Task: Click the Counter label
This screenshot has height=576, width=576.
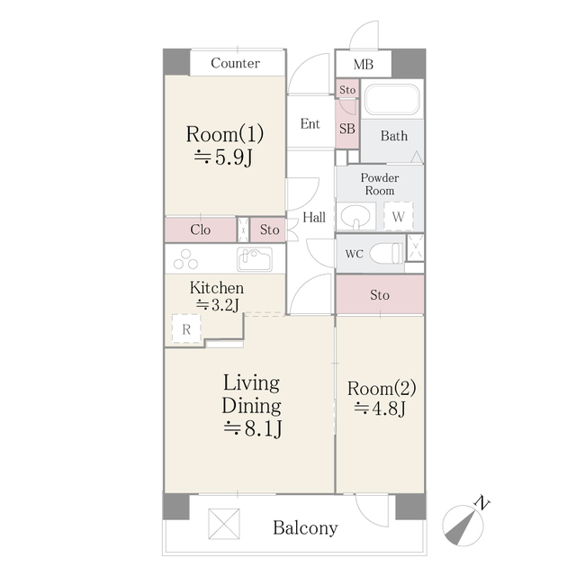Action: (x=236, y=63)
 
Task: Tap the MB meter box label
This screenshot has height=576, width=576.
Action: (x=364, y=65)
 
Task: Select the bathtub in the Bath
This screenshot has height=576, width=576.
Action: (x=392, y=100)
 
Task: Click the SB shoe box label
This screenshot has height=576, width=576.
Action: (x=347, y=129)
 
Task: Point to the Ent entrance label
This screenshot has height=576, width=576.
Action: (x=310, y=124)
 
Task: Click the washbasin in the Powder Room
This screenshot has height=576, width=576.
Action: (x=355, y=216)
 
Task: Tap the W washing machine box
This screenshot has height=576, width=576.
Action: (x=398, y=216)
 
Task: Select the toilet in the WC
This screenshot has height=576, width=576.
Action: (x=386, y=254)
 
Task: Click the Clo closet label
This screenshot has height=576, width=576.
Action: (x=201, y=230)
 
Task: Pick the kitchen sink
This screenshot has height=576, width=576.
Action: (x=255, y=259)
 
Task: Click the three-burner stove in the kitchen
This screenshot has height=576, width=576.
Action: (x=186, y=259)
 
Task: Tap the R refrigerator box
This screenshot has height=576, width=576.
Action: (x=186, y=328)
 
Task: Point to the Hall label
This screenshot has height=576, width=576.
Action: (x=314, y=218)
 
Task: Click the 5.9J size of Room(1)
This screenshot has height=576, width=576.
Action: (x=223, y=158)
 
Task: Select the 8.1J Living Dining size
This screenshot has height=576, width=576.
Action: (x=253, y=428)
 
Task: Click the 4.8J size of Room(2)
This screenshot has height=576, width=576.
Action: (x=380, y=408)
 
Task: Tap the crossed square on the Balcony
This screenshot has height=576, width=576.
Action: (x=224, y=524)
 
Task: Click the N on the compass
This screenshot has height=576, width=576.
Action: (x=482, y=502)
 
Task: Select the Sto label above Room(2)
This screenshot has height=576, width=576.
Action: (x=380, y=295)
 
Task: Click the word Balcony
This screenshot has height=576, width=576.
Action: (x=305, y=528)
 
